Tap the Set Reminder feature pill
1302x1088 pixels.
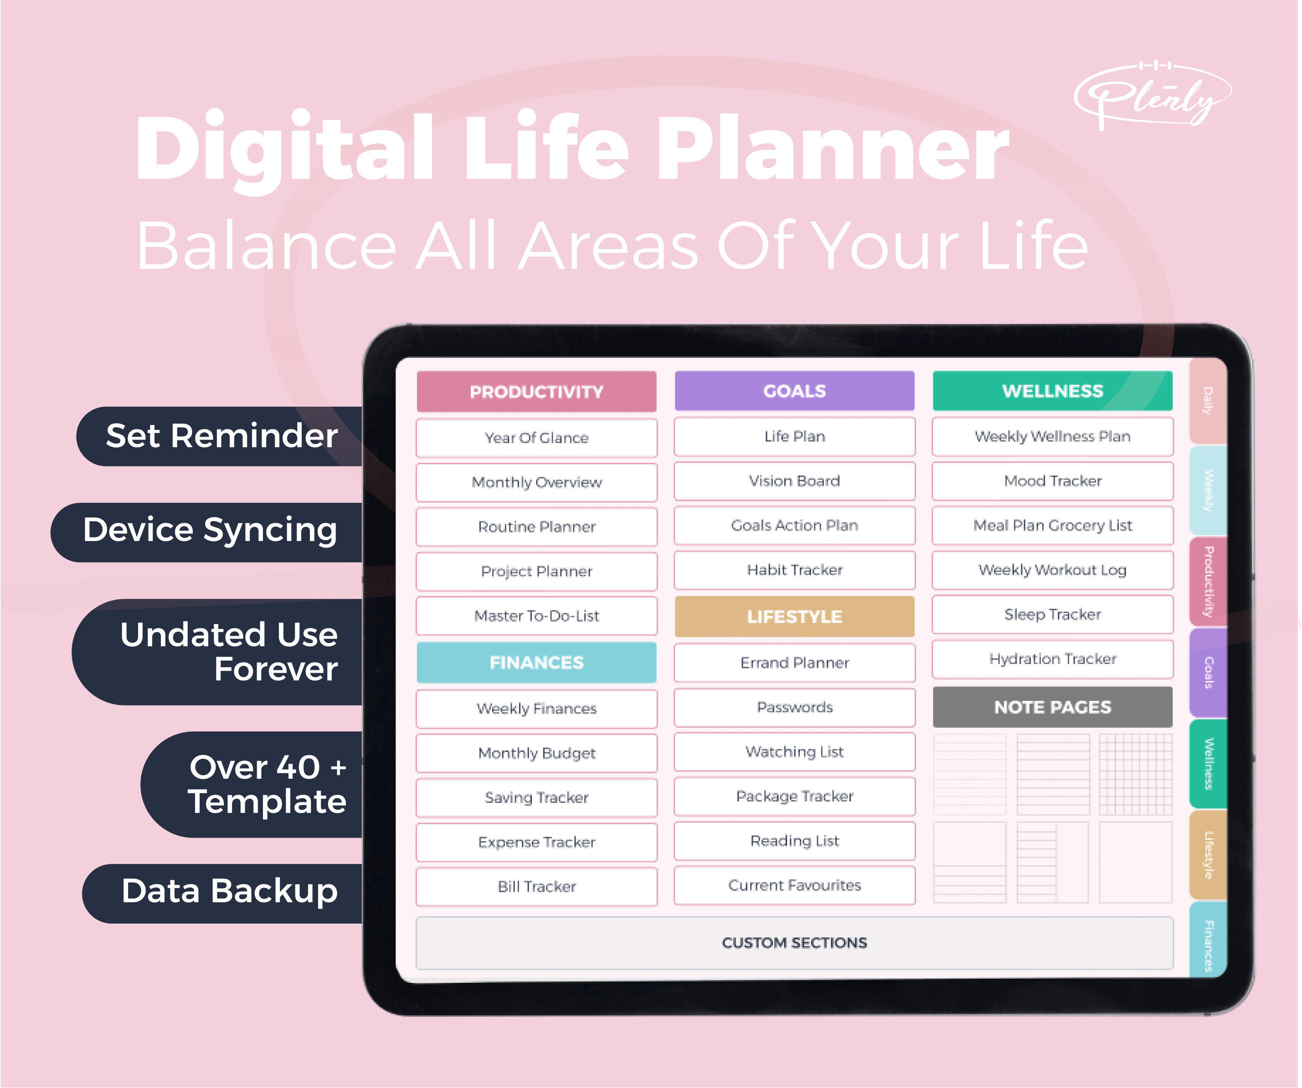220,436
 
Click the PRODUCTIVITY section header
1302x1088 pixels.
536,392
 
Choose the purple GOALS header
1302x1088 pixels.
794,391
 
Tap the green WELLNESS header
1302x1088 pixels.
1052,391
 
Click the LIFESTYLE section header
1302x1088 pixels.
794,617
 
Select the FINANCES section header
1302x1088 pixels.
536,662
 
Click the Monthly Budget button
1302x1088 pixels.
536,753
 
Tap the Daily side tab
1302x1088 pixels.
1208,401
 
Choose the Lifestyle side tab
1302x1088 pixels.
1208,855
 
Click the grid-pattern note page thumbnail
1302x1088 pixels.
1135,775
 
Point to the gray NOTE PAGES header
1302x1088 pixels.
1052,707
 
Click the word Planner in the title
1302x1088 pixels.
833,149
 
